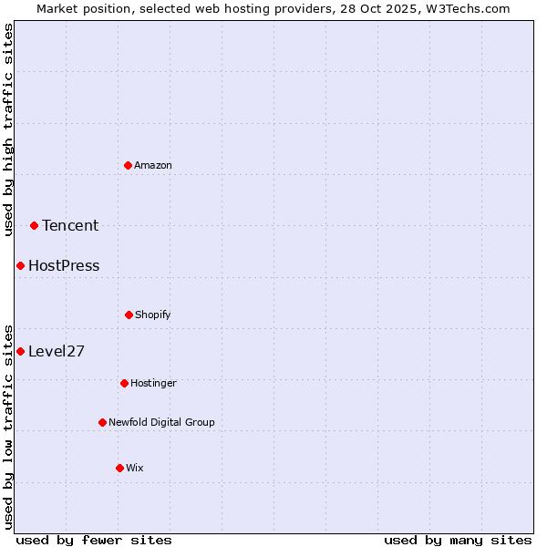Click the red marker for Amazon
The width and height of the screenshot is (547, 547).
point(129,165)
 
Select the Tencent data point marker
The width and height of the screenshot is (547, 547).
point(34,225)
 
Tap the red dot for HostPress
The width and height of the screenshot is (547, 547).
point(20,265)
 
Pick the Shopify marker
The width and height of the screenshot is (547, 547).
point(129,315)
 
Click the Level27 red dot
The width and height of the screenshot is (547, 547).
point(20,351)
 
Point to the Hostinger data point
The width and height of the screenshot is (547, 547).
point(124,383)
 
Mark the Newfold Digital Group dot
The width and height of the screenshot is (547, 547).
point(102,422)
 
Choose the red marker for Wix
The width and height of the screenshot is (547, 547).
point(119,468)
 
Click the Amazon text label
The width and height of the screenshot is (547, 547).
point(153,165)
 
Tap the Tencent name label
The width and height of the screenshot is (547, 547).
point(70,225)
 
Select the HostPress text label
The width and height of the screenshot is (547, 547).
point(64,265)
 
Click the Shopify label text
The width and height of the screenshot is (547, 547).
point(153,315)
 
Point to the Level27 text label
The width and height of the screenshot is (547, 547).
point(57,351)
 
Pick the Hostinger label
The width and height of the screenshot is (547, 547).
point(153,383)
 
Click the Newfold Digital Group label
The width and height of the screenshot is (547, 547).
point(161,422)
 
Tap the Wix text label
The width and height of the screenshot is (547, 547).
point(135,468)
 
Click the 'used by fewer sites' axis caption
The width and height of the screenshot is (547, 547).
point(94,540)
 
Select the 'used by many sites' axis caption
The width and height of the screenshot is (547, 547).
point(458,540)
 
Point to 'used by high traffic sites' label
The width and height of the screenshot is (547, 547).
point(8,129)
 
